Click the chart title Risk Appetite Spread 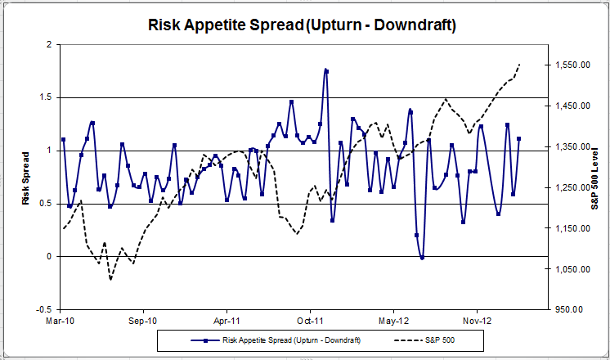click(303, 25)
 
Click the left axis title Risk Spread click(26, 178)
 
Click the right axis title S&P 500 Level click(594, 178)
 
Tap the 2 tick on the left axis click(50, 44)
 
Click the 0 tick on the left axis click(50, 257)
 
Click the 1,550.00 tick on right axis click(571, 65)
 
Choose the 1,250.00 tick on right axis click(571, 188)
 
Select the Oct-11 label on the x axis click(310, 322)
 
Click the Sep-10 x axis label click(143, 322)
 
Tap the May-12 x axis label click(393, 322)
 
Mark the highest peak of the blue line click(325, 70)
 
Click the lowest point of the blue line click(422, 258)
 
